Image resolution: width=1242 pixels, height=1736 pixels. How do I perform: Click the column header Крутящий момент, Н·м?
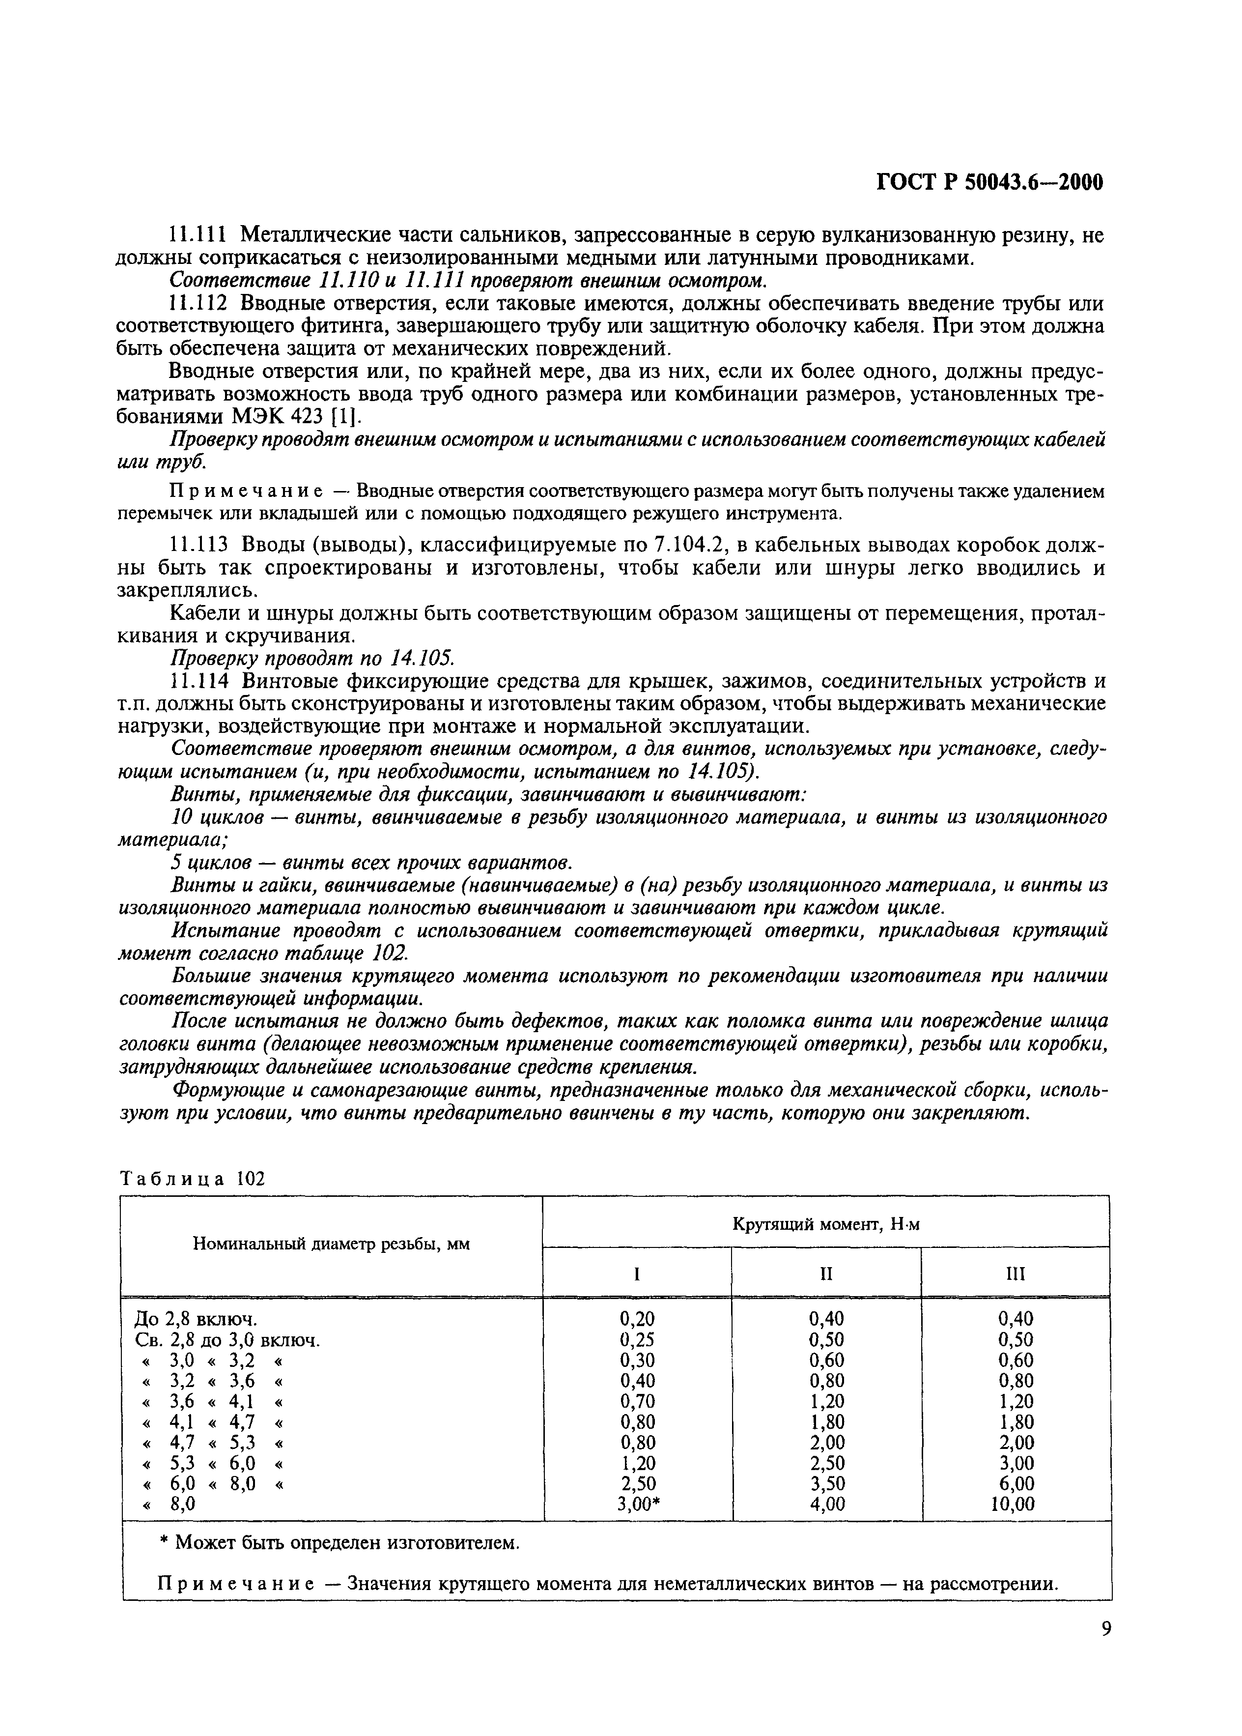coord(826,1224)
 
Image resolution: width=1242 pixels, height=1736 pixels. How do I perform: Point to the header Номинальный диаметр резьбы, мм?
coord(331,1245)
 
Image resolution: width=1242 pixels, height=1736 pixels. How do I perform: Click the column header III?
coord(1016,1274)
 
